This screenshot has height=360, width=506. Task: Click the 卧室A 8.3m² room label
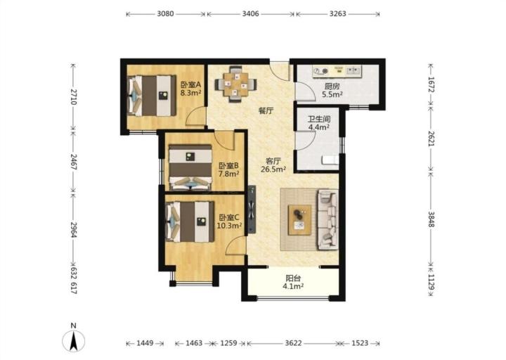[x=190, y=89]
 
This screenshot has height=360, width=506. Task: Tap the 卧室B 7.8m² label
[x=229, y=170]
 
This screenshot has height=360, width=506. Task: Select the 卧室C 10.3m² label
[x=229, y=221]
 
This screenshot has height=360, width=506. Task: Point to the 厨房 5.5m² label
[x=332, y=91]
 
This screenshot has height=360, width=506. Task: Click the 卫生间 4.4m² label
[x=319, y=123]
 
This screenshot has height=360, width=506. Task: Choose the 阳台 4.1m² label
[x=293, y=282]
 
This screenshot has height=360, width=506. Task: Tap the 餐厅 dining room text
[x=266, y=111]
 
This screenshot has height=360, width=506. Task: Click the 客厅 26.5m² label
[x=273, y=165]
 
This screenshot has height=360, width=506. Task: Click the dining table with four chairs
[x=236, y=84]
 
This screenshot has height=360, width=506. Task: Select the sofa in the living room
[x=327, y=219]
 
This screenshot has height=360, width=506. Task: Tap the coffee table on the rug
[x=300, y=219]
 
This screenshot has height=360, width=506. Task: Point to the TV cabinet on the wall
[x=252, y=210]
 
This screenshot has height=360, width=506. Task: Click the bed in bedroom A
[x=153, y=96]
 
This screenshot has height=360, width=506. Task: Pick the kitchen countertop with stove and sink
[x=337, y=71]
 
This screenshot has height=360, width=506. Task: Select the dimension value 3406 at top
[x=250, y=13]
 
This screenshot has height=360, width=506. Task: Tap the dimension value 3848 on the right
[x=431, y=219]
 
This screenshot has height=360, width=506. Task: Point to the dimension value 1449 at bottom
[x=145, y=343]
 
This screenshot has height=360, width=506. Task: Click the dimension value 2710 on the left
[x=74, y=97]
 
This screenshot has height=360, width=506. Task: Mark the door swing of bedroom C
[x=236, y=245]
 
